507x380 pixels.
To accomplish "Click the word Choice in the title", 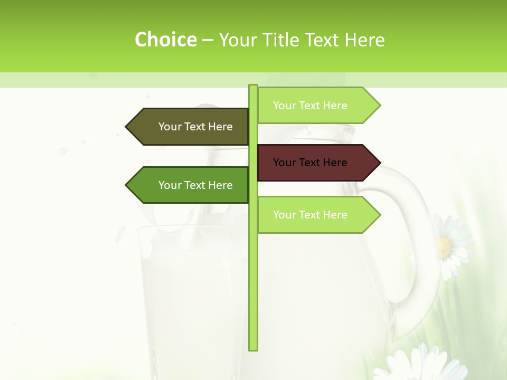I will click(x=165, y=40).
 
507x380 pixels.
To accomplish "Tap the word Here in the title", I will click(x=364, y=40).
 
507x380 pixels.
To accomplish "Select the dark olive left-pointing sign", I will click(x=190, y=127).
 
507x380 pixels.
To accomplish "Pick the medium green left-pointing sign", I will click(x=190, y=185).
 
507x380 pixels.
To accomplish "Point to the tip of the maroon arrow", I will click(x=379, y=163).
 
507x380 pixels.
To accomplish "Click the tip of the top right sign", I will click(x=379, y=106).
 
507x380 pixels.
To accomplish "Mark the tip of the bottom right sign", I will click(x=379, y=215).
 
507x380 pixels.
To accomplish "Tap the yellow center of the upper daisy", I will click(x=445, y=246).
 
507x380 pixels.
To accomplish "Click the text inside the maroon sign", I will click(x=310, y=163).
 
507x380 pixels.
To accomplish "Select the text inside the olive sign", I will click(x=195, y=127).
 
